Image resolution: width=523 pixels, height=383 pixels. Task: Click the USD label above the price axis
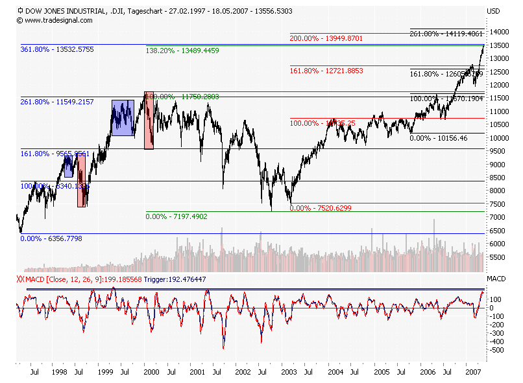(494, 11)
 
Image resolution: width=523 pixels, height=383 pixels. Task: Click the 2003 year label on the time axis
(289, 373)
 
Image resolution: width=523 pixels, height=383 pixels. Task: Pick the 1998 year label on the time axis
(59, 373)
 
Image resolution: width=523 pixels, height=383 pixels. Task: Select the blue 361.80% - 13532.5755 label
(57, 49)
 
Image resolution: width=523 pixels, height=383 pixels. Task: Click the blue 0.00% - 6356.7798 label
(51, 238)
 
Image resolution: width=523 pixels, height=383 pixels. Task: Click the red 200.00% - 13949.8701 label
(326, 39)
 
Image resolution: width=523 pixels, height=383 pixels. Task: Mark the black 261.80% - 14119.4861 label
(446, 33)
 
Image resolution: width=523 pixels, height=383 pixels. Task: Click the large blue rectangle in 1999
(123, 118)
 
